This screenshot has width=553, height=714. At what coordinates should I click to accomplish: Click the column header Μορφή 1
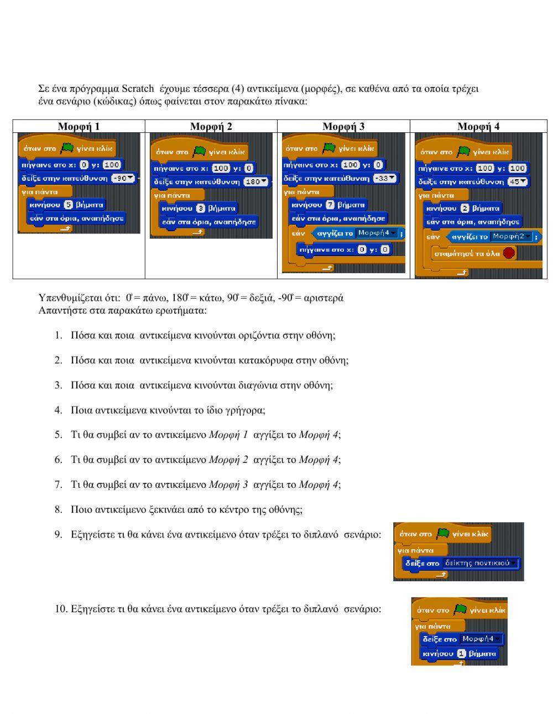(x=79, y=126)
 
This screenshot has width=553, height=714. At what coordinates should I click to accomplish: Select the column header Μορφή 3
(x=343, y=126)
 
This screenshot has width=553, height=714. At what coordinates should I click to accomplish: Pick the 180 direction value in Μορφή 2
(x=255, y=181)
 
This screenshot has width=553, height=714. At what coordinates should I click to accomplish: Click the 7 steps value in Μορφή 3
(x=330, y=205)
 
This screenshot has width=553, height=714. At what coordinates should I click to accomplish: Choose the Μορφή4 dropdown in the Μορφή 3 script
(x=377, y=233)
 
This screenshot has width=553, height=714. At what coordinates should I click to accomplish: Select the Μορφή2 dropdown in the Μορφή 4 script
(x=512, y=237)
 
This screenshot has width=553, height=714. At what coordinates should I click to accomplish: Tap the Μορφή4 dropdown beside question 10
(x=482, y=639)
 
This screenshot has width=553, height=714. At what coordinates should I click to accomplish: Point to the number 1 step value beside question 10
(x=461, y=654)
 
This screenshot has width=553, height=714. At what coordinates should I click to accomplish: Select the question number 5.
(x=58, y=435)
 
